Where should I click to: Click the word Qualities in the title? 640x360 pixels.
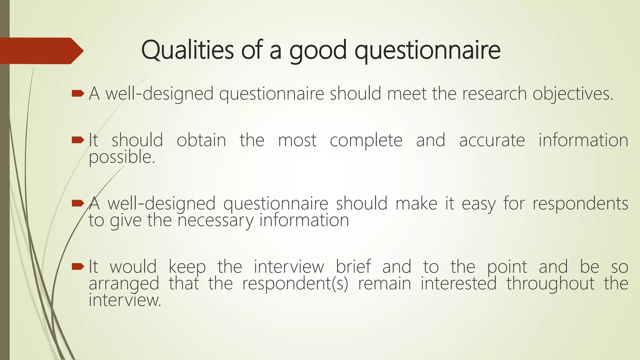[187, 50]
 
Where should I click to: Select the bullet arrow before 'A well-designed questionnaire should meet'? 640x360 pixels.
[77, 93]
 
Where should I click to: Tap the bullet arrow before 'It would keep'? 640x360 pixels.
[77, 267]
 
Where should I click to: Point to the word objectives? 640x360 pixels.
[573, 94]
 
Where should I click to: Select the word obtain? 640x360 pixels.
[201, 140]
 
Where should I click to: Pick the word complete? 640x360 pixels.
[366, 141]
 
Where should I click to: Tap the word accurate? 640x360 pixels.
[492, 140]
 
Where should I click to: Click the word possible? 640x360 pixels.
[122, 157]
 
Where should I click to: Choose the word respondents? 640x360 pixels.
[580, 204]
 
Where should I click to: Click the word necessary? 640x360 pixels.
[216, 221]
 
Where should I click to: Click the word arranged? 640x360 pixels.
[124, 284]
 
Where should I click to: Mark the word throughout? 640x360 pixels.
[550, 284]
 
